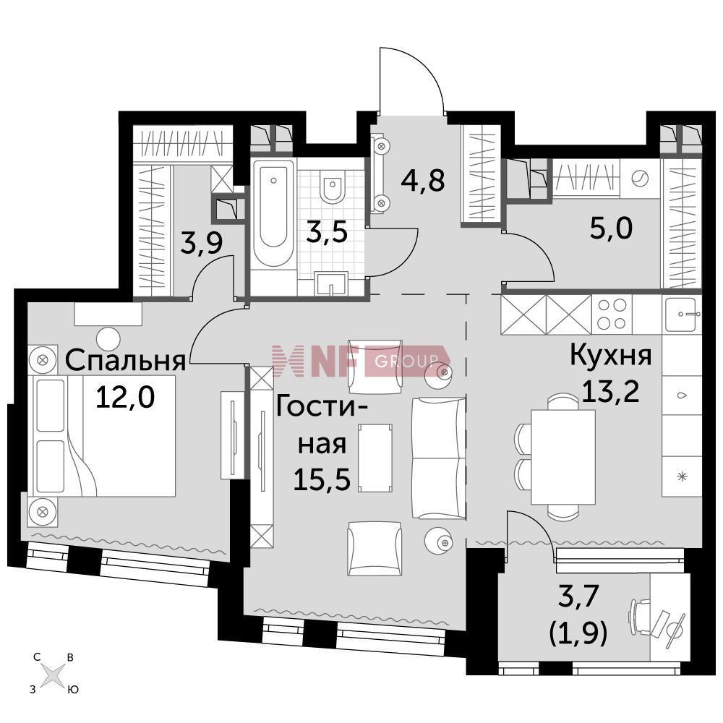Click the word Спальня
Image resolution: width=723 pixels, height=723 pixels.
pyautogui.click(x=126, y=359)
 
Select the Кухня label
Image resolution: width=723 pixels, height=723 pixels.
pyautogui.click(x=611, y=356)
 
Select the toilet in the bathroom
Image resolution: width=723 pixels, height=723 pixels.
pyautogui.click(x=333, y=187)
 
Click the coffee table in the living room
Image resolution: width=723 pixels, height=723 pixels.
pyautogui.click(x=375, y=457)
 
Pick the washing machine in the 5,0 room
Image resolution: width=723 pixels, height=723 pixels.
pyautogui.click(x=639, y=179)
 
